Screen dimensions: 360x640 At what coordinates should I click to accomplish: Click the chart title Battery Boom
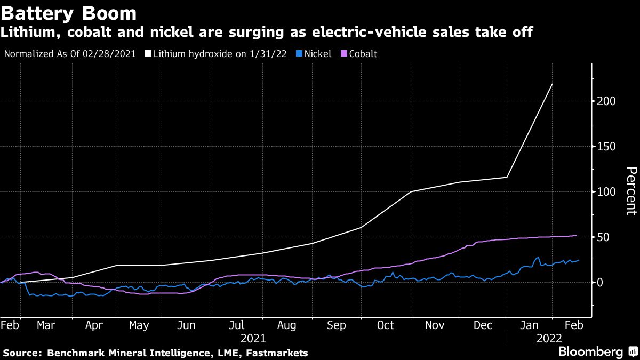[69, 12]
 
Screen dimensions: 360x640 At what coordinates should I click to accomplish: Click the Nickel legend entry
[315, 54]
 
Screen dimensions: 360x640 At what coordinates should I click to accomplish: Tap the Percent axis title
[630, 190]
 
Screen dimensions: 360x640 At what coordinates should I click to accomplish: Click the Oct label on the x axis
[385, 325]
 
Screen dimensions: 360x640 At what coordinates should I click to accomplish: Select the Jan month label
[529, 325]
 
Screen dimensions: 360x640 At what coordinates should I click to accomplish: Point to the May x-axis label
[139, 325]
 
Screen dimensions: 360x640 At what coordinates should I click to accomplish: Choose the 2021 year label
[253, 338]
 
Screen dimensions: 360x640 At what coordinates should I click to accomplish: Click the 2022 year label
[548, 338]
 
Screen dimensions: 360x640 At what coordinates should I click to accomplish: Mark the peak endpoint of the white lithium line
[552, 84]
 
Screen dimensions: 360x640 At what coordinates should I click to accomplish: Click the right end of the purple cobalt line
[577, 235]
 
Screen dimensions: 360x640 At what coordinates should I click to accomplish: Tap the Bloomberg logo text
[590, 352]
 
